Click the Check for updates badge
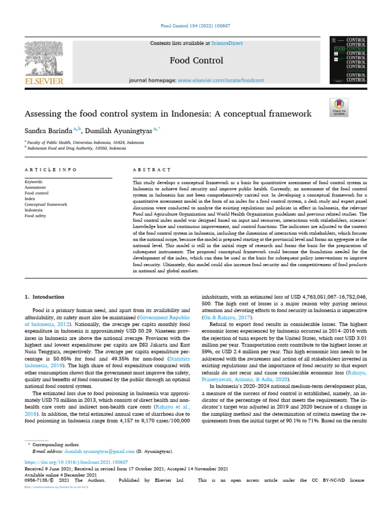pos(339,107)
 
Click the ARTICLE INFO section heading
pos(51,169)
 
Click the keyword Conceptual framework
pos(46,204)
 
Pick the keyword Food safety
pos(36,216)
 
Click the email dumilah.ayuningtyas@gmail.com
pos(100,451)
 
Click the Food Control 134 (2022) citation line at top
pos(196,25)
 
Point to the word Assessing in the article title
pos(45,113)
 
